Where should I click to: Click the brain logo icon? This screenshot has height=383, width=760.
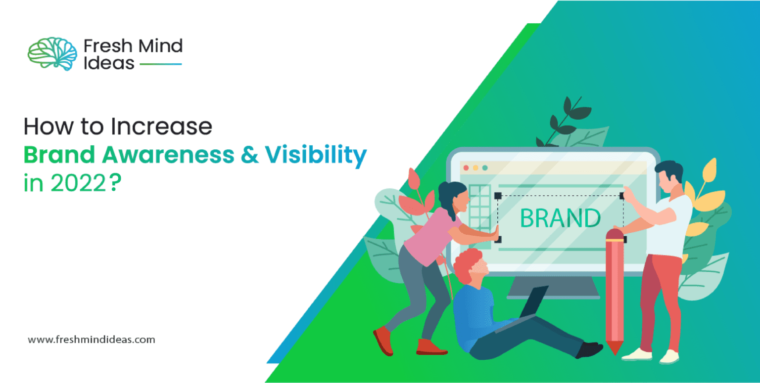(x=52, y=54)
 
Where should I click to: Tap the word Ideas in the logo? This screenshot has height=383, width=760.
(x=109, y=63)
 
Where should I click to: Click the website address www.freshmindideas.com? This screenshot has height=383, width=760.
(x=92, y=340)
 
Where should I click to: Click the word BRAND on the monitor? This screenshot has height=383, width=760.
(x=561, y=218)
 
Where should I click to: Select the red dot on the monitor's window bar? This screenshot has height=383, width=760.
(x=466, y=168)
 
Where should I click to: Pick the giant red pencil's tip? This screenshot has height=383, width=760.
(x=615, y=349)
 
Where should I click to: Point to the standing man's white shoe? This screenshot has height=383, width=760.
(x=636, y=354)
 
